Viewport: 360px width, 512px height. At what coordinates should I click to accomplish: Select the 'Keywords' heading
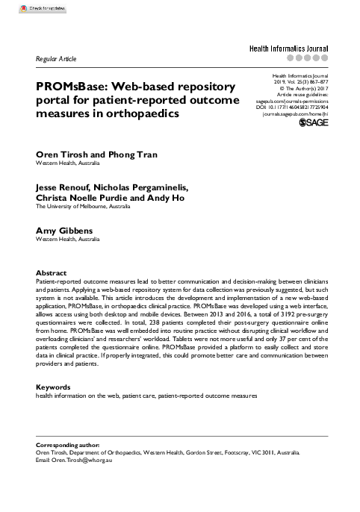(54, 387)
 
